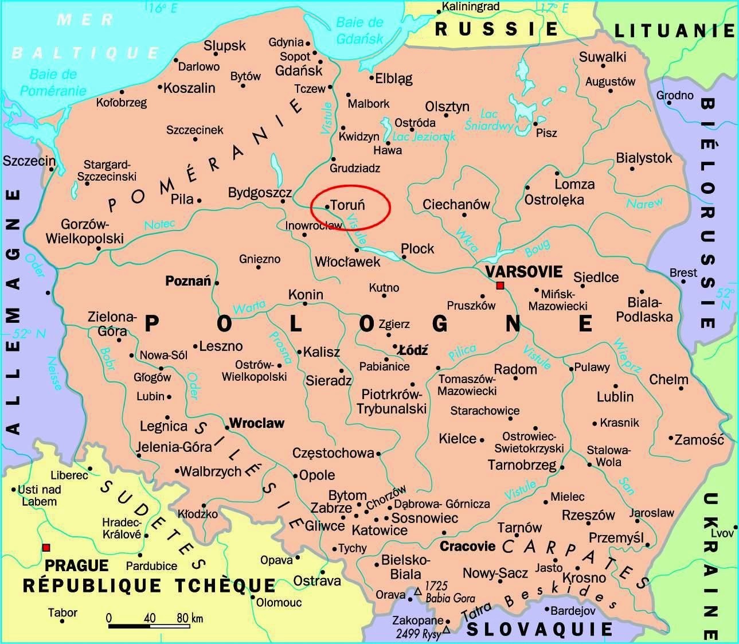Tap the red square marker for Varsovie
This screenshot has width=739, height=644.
point(500,285)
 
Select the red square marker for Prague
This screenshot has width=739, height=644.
point(46,547)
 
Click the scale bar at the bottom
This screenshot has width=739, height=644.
point(149,625)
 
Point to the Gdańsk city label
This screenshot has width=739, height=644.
point(299,71)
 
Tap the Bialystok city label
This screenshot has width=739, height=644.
point(643,158)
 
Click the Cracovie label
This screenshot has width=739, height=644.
point(467,546)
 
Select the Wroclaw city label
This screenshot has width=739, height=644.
point(256,423)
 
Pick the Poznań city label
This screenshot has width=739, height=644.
point(188,281)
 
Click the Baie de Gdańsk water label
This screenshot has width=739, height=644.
point(359,30)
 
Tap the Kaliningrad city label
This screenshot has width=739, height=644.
point(471,7)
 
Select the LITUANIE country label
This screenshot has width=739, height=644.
point(674,30)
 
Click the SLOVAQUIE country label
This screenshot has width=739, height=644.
point(539,629)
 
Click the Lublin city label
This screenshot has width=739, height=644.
point(615,396)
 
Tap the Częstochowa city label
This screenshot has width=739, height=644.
point(333,453)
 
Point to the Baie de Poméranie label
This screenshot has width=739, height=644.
point(53,82)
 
